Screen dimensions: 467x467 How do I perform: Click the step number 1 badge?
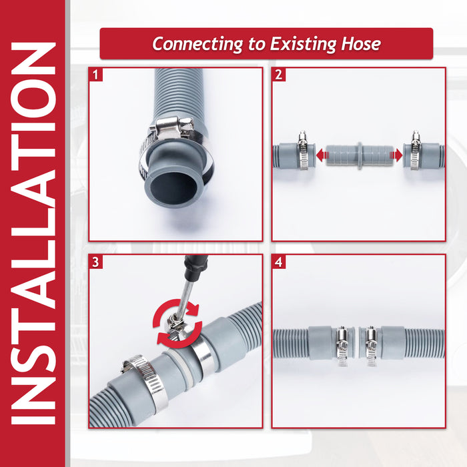(x=97, y=75)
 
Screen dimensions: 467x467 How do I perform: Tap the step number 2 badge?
(x=279, y=75)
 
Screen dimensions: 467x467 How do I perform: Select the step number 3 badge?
(x=97, y=262)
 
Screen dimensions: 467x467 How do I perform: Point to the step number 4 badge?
(x=279, y=262)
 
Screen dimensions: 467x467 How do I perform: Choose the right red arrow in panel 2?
(x=398, y=155)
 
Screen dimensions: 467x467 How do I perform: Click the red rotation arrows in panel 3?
(x=178, y=320)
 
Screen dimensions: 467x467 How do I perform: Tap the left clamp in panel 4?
(x=342, y=343)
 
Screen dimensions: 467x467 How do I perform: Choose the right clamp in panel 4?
(x=370, y=343)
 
